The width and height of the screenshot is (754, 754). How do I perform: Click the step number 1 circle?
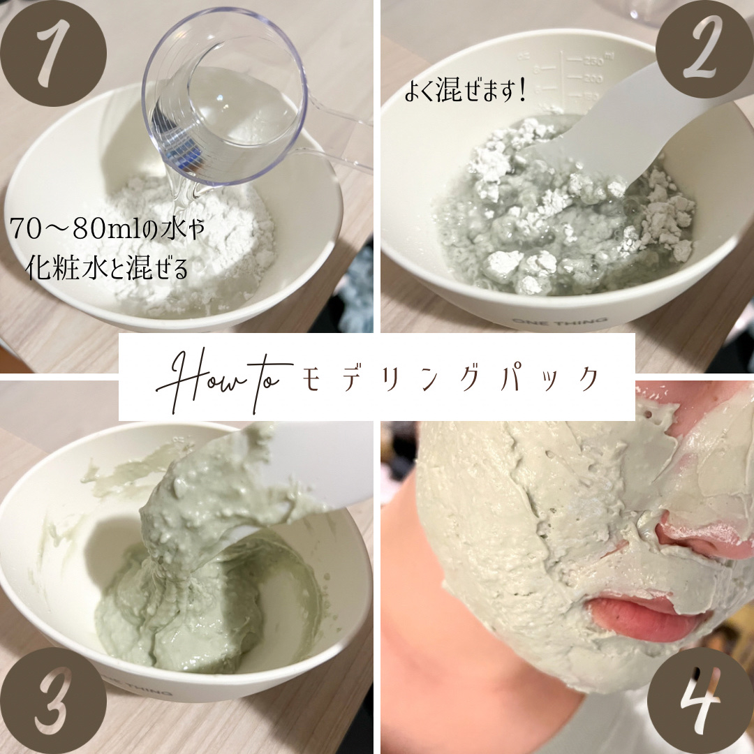(x=53, y=53)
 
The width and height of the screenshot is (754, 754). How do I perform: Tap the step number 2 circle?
(x=705, y=48)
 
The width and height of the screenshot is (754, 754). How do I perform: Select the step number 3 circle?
(x=53, y=701)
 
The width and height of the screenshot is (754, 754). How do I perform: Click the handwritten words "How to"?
(x=223, y=380)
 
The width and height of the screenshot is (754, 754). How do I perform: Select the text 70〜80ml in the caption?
(x=75, y=230)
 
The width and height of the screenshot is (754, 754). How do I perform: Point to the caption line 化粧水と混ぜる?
(x=107, y=268)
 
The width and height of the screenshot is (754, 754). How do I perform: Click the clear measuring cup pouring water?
(x=226, y=96)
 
